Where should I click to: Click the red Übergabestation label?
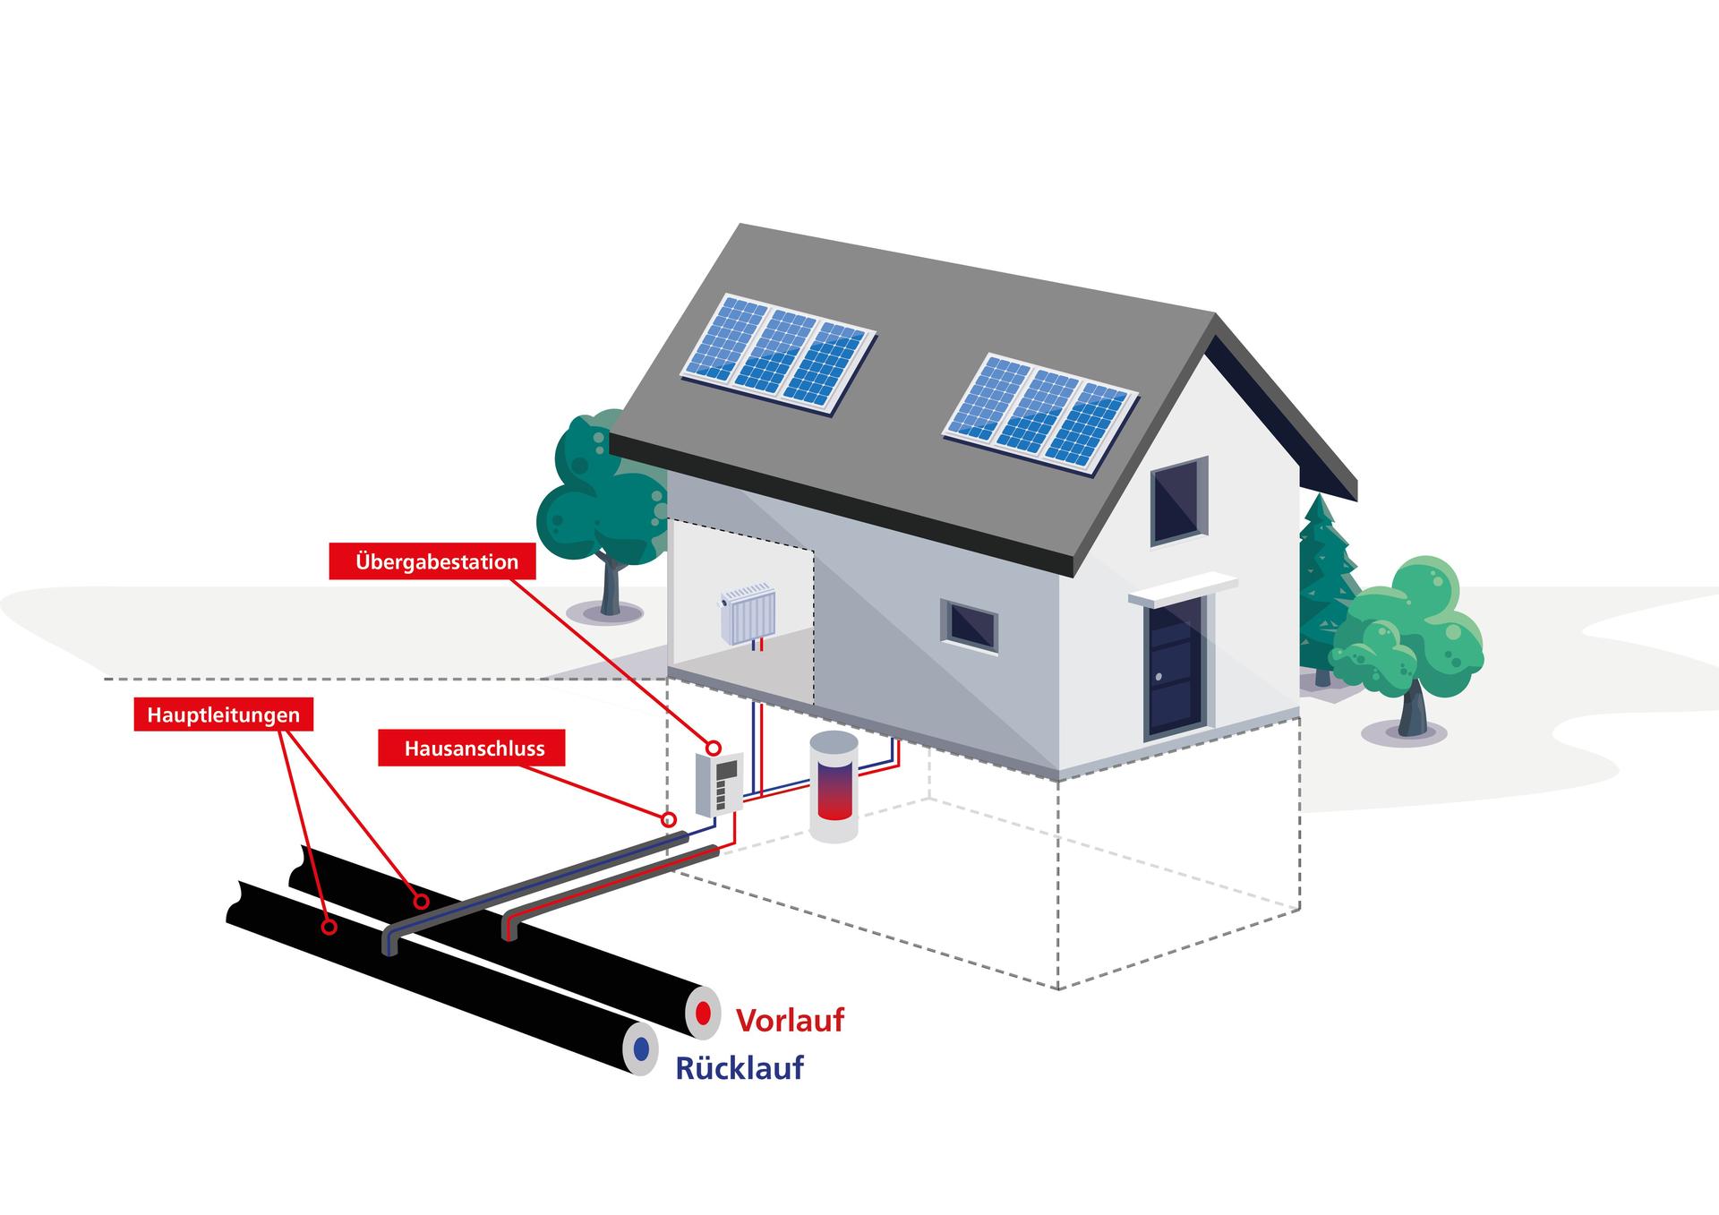tap(436, 562)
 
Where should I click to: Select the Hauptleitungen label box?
tap(223, 715)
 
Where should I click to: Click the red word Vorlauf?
tap(790, 1020)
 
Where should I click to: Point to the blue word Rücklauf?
tap(740, 1068)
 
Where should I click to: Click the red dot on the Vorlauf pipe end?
tap(704, 1014)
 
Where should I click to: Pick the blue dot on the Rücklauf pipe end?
tap(641, 1048)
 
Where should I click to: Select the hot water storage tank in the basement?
tap(834, 785)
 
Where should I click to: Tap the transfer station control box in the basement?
tap(719, 783)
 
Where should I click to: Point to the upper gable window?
tap(1178, 501)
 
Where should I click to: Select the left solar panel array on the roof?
tap(777, 354)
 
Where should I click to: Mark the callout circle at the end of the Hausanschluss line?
tap(668, 819)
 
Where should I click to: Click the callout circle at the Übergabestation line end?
tap(714, 748)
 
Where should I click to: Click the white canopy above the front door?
tap(1183, 588)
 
